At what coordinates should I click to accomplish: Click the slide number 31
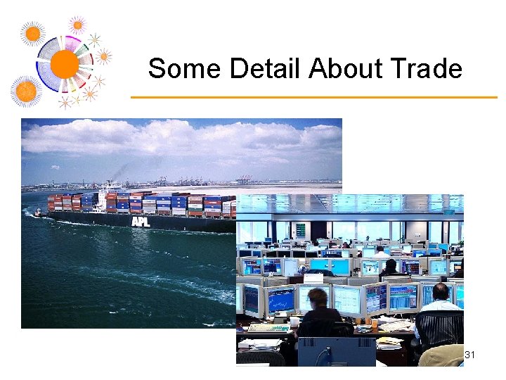470,355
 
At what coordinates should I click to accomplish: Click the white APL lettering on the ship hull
141,222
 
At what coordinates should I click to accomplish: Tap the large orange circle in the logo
65,64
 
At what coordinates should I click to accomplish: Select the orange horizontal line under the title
313,97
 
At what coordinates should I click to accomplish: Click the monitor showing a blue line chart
280,299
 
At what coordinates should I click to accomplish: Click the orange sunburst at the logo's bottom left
26,91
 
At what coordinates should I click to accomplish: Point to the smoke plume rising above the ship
123,172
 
